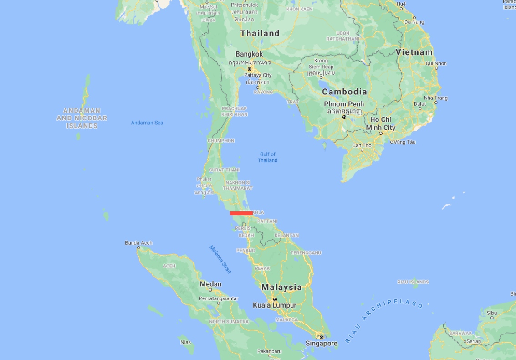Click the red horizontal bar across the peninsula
coord(241,213)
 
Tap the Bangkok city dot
coord(250,69)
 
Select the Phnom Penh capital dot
coord(344,117)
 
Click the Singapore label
coord(322,344)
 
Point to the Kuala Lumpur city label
coord(275,305)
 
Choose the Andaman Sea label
coord(147,123)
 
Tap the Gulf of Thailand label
coord(267,157)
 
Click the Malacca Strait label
coord(220,259)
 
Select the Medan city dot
coord(210,289)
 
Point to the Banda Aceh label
coord(138,243)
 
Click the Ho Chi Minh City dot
coord(381,133)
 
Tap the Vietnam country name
coord(414,52)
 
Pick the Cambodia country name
coord(344,92)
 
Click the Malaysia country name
coord(281,287)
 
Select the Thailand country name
coord(260,33)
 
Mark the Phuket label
coord(204,180)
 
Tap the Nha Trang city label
coord(435,98)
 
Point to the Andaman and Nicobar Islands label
coord(82,118)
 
